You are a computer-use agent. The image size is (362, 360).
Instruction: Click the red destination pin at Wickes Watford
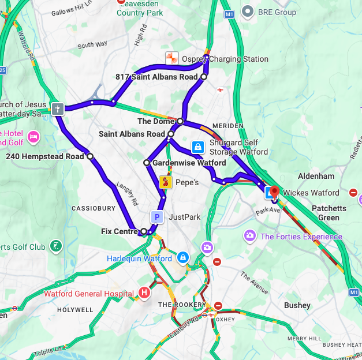(x=274, y=192)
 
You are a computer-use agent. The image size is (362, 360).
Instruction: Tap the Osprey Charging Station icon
(x=171, y=59)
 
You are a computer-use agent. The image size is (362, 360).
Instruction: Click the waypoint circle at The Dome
(x=180, y=121)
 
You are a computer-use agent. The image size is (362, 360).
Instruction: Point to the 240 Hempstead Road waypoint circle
(x=89, y=156)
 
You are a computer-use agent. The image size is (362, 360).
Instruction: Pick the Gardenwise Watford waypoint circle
(x=147, y=163)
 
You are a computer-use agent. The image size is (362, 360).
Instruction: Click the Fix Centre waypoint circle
(x=144, y=231)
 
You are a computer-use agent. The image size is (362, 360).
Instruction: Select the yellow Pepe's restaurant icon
(x=165, y=182)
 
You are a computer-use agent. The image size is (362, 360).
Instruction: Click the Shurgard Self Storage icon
(x=197, y=147)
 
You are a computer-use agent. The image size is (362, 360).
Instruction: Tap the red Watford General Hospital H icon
(x=144, y=294)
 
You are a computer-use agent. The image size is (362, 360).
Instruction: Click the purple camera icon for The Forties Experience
(x=249, y=235)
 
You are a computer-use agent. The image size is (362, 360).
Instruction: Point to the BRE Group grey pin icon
(x=248, y=11)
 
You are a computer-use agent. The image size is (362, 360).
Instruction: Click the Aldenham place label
(x=316, y=175)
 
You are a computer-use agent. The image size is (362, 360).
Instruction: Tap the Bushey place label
(x=297, y=305)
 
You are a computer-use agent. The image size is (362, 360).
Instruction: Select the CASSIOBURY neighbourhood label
(x=91, y=208)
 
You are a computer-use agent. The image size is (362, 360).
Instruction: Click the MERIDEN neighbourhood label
(x=225, y=125)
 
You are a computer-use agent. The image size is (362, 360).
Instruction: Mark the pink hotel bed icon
(x=33, y=137)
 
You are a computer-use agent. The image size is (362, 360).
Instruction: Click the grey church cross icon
(x=57, y=108)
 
